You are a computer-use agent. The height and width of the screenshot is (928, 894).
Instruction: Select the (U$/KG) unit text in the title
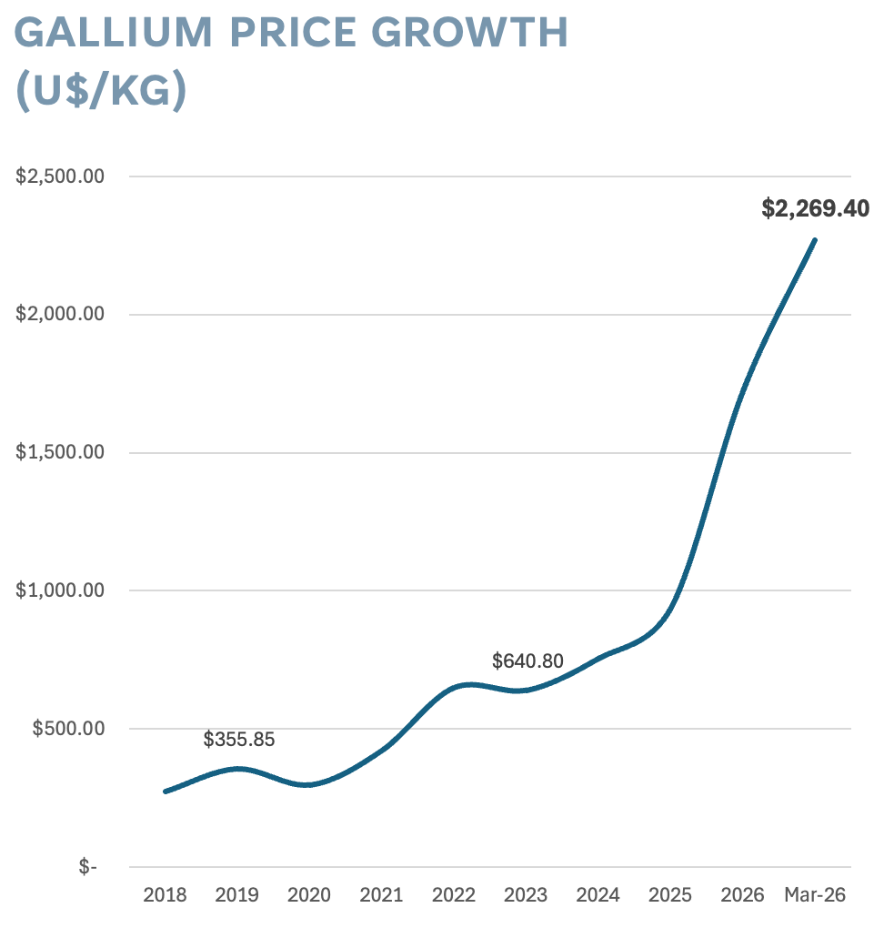(x=101, y=91)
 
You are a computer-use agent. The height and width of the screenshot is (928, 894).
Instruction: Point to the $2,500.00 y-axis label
(x=59, y=177)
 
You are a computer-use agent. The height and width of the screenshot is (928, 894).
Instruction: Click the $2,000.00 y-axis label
(x=59, y=315)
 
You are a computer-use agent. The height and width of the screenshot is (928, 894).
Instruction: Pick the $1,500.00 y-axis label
(x=59, y=453)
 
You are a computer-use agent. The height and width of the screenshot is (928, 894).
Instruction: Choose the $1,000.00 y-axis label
(x=59, y=590)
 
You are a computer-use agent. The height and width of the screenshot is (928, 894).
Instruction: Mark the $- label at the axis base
(x=87, y=867)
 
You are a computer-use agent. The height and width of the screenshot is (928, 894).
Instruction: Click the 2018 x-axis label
(x=165, y=895)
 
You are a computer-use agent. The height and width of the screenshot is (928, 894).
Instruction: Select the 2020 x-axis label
(x=309, y=895)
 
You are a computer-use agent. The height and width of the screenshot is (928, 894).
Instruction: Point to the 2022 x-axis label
(x=454, y=895)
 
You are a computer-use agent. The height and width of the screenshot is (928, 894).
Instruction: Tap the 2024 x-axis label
(x=598, y=895)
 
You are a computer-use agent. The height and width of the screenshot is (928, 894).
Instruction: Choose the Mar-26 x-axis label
(x=815, y=895)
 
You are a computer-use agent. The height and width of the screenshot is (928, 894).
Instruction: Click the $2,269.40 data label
(x=815, y=209)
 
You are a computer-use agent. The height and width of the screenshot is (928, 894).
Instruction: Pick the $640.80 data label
(x=527, y=661)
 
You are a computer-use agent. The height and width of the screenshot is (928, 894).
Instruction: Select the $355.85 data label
(x=238, y=740)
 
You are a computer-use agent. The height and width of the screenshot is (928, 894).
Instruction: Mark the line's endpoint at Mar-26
(x=815, y=240)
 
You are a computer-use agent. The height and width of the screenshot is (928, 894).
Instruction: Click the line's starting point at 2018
(x=166, y=792)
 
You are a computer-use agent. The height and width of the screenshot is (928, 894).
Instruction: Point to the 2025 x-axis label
(x=670, y=895)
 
